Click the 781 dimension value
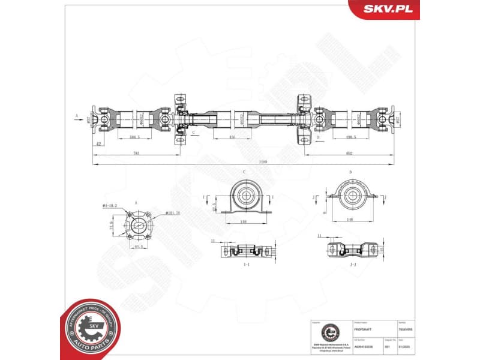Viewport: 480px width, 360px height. pyautogui.click(x=136, y=154)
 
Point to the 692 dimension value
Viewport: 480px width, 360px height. pyautogui.click(x=349, y=154)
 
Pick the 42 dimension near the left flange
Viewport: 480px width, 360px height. pyautogui.click(x=98, y=144)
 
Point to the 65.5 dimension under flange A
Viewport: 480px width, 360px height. pyautogui.click(x=139, y=247)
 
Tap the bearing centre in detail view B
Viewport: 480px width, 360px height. pyautogui.click(x=350, y=194)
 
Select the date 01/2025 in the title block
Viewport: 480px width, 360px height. pyautogui.click(x=412, y=346)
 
